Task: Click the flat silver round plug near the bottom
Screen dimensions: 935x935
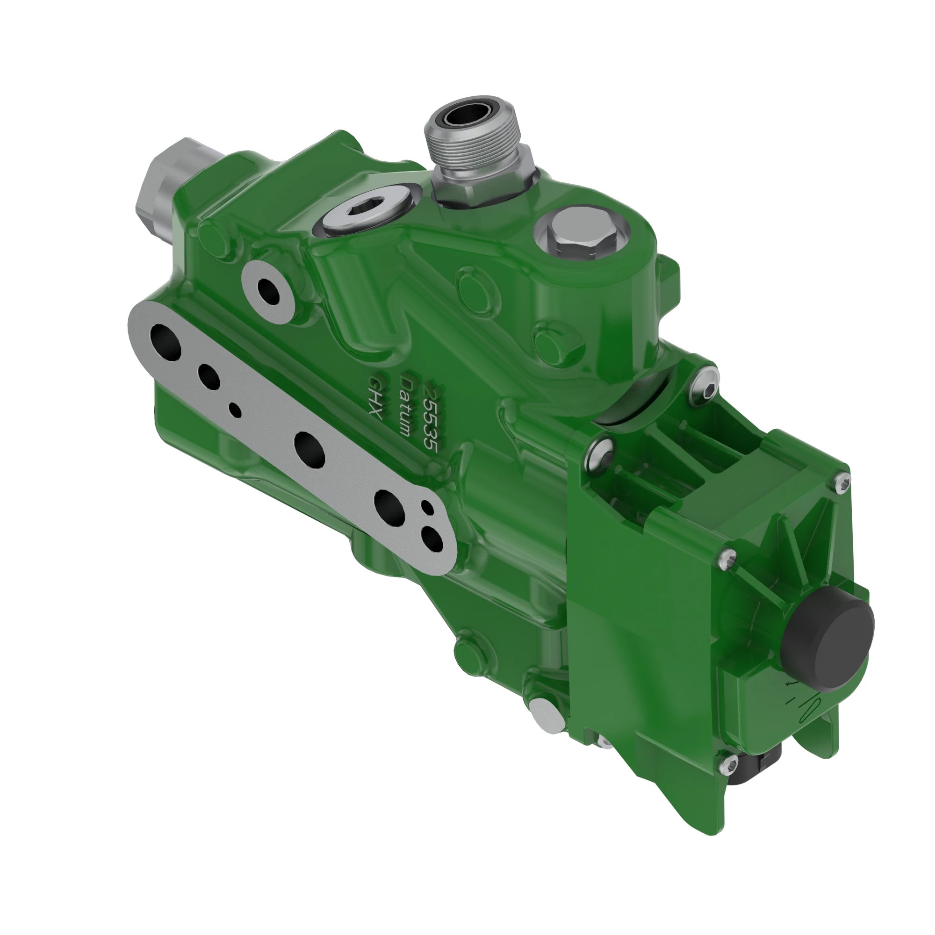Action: tap(547, 718)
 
